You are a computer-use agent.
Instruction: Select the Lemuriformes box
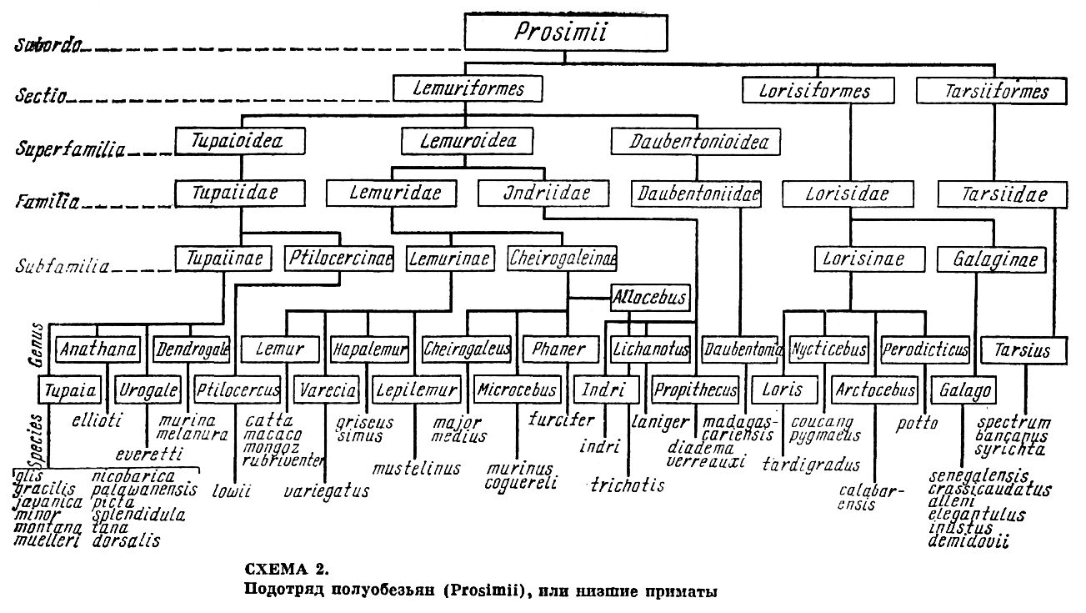467,89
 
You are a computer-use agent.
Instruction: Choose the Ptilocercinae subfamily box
338,258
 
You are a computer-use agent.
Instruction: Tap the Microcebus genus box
518,389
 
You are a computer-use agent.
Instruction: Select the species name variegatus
327,490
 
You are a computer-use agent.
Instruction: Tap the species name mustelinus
417,467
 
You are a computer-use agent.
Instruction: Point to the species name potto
918,423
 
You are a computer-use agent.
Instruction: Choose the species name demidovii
967,540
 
